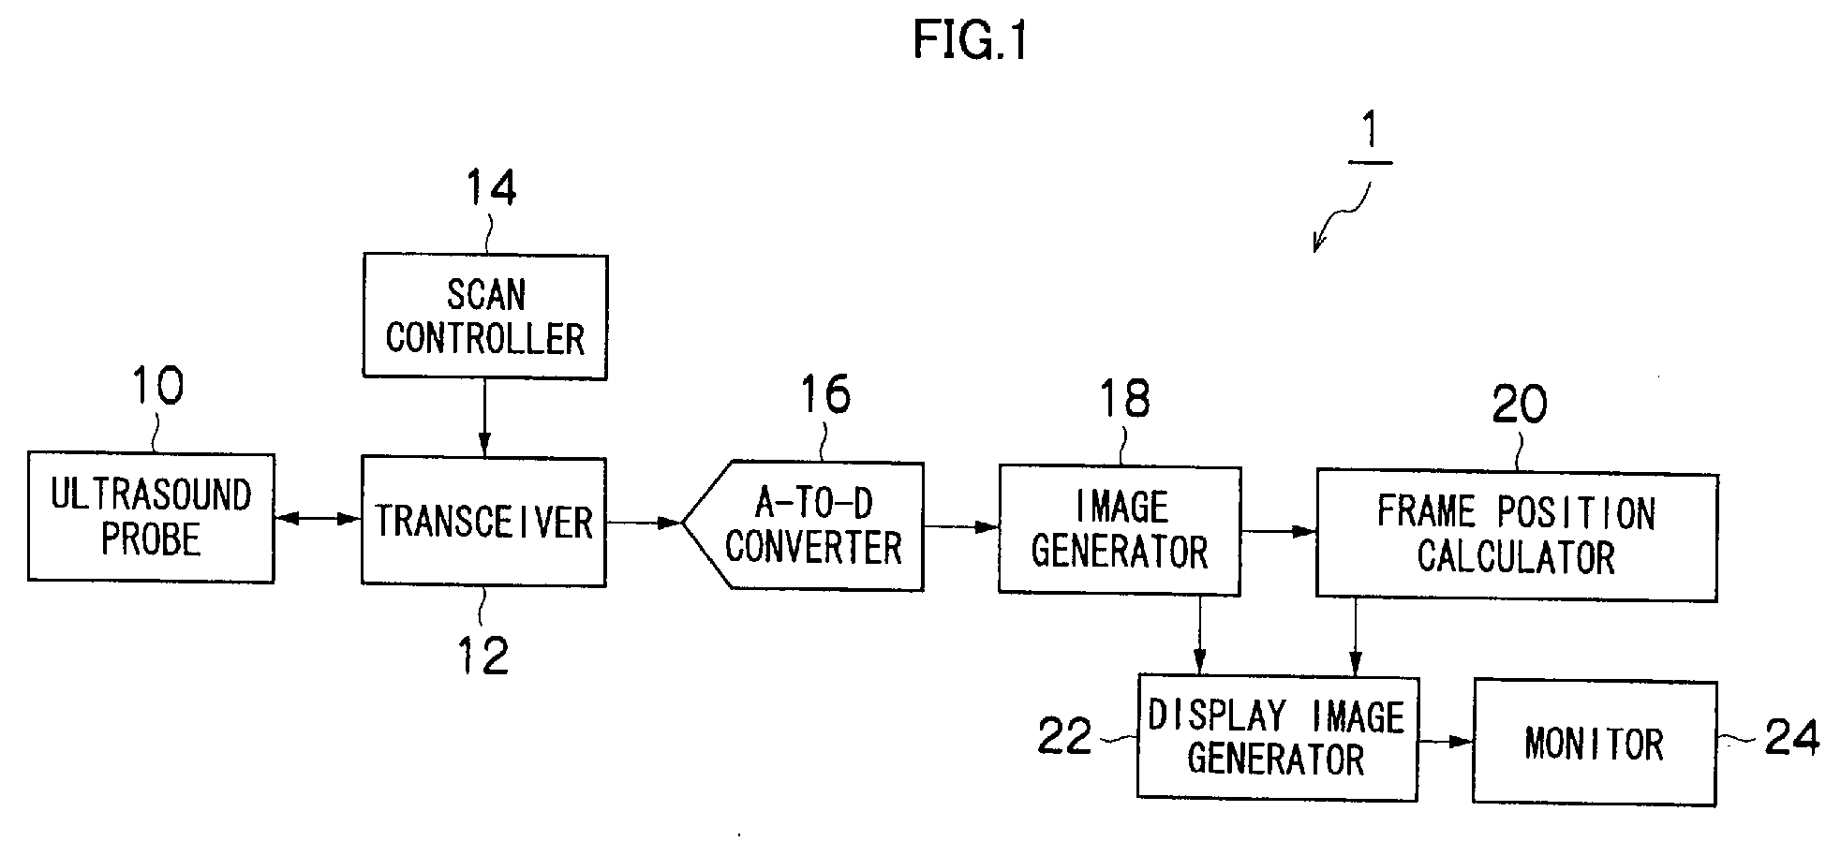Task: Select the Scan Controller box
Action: pyautogui.click(x=485, y=317)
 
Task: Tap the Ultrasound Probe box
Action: pyautogui.click(x=151, y=518)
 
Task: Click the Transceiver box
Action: pyautogui.click(x=483, y=522)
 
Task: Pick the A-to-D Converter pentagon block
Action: pyautogui.click(x=803, y=525)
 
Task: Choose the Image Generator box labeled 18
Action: pyautogui.click(x=1120, y=530)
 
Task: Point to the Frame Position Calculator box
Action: pyautogui.click(x=1517, y=536)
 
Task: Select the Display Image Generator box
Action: pyautogui.click(x=1277, y=737)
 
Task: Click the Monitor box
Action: pyautogui.click(x=1595, y=744)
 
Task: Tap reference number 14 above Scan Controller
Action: pyautogui.click(x=491, y=188)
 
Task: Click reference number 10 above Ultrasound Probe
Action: pyautogui.click(x=157, y=386)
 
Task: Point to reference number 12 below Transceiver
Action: pyautogui.click(x=483, y=656)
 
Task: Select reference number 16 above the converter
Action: pyautogui.click(x=824, y=394)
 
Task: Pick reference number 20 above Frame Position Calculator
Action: pyautogui.click(x=1520, y=406)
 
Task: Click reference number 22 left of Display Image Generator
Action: pyautogui.click(x=1065, y=737)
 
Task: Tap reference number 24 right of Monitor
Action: pyautogui.click(x=1792, y=737)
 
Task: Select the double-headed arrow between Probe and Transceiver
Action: pyautogui.click(x=319, y=518)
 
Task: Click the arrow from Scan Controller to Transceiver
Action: pyautogui.click(x=484, y=418)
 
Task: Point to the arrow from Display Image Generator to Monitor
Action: pyautogui.click(x=1446, y=742)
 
